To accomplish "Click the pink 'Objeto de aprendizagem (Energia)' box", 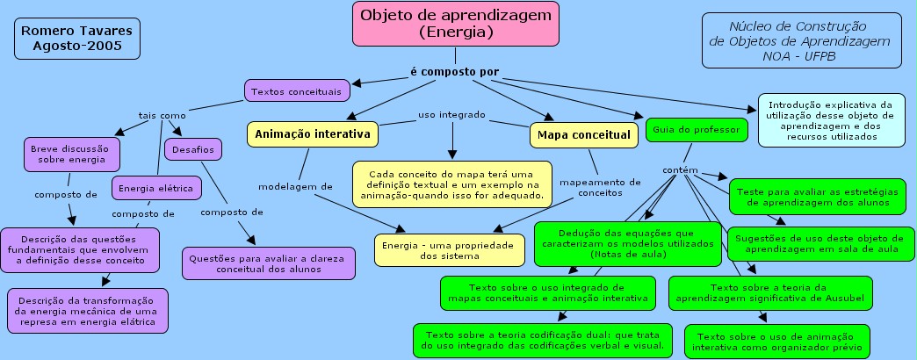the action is click(456, 24).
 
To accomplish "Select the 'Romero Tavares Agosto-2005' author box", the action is click(77, 39).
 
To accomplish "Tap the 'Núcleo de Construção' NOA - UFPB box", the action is click(802, 41).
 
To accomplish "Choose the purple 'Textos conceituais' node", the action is click(297, 91).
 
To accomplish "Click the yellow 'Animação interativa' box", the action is click(313, 134).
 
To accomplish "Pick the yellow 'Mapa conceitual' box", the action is click(583, 135).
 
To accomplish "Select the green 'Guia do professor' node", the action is click(697, 130).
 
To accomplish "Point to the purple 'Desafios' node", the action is click(193, 149).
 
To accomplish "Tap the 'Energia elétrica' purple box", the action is click(156, 188).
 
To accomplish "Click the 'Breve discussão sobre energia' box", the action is click(72, 155).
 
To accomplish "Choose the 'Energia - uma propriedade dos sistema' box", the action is click(449, 250).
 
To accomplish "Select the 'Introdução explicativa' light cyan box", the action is click(831, 119).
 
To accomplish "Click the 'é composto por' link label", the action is click(455, 72).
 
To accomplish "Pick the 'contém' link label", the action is click(680, 170).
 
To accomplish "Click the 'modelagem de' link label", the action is click(295, 187).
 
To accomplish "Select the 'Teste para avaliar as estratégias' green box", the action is click(817, 197).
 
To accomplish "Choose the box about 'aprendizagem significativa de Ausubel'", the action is click(770, 293).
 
